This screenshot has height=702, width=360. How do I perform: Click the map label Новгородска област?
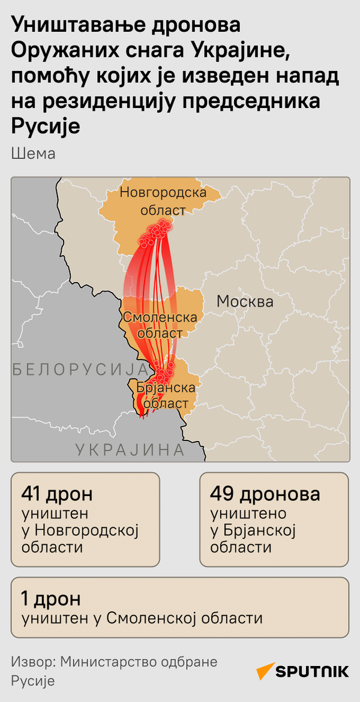pos(163,201)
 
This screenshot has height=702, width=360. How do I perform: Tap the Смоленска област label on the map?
pos(160,325)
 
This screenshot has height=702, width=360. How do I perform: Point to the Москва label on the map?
pos(244,301)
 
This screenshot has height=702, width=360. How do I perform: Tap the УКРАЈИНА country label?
pos(129,449)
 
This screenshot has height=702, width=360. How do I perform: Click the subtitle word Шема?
pos(33,154)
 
